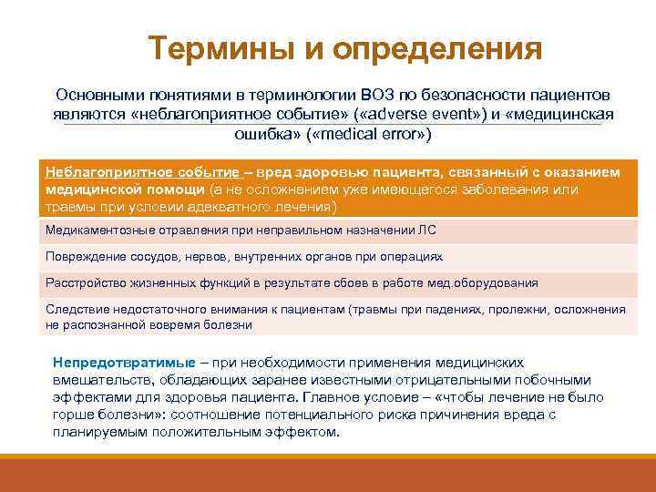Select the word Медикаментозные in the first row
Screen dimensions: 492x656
tap(99, 231)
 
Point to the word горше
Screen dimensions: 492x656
tap(74, 415)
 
